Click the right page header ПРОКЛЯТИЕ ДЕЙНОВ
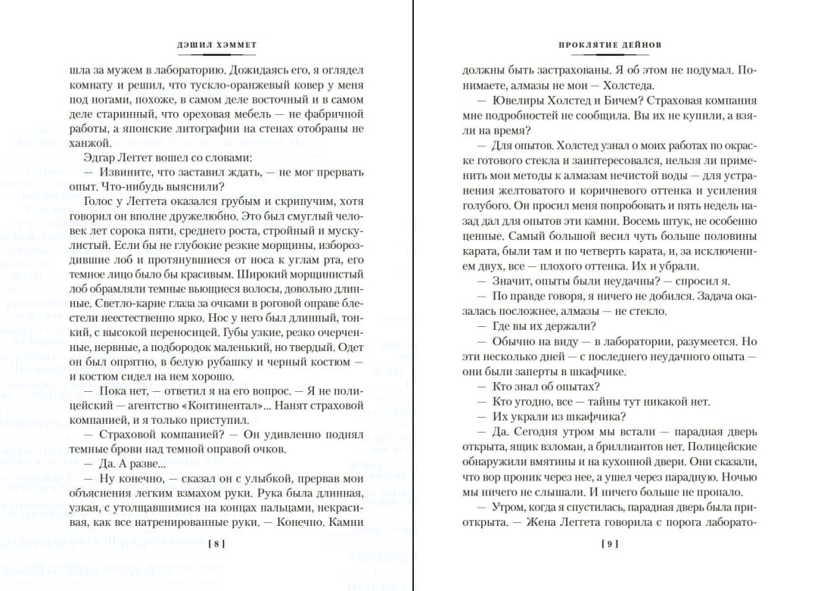[610, 45]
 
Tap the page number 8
[216, 543]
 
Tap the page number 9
[610, 543]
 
